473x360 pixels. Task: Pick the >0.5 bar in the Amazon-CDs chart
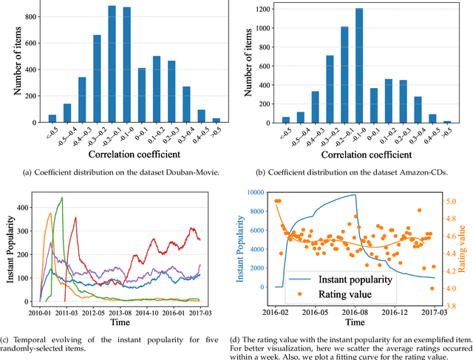446,120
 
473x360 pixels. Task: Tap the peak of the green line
62,197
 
